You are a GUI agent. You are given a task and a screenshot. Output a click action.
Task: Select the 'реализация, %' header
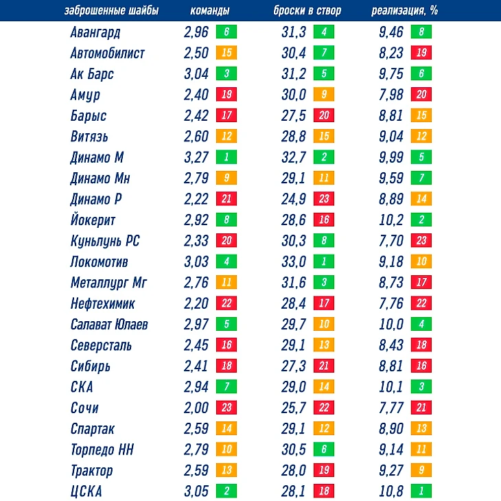point(405,11)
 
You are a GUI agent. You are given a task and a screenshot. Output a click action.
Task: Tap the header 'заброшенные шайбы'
point(111,11)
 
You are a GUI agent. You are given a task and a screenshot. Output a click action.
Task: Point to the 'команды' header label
point(209,11)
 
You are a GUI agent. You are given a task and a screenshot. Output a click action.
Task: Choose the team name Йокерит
point(93,220)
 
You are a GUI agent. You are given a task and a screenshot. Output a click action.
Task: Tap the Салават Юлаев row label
point(109,325)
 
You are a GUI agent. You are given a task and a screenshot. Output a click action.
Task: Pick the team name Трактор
point(92,471)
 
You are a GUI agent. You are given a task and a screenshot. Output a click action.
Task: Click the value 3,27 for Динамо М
point(196,158)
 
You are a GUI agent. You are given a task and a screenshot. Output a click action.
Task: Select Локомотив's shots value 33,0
point(294,262)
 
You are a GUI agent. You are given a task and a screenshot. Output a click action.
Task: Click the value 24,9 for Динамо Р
point(294,200)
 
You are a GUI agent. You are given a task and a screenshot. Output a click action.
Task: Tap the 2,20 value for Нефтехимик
point(196,304)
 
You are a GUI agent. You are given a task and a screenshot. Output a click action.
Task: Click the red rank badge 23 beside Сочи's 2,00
point(225,408)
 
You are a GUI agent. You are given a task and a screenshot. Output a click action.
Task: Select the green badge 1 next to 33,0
point(323,262)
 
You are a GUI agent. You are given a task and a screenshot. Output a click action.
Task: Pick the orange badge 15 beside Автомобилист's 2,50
point(225,53)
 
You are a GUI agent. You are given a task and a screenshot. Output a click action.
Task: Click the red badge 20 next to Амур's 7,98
point(421,95)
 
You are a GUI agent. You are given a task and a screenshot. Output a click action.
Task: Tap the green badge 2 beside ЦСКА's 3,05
point(225,491)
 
